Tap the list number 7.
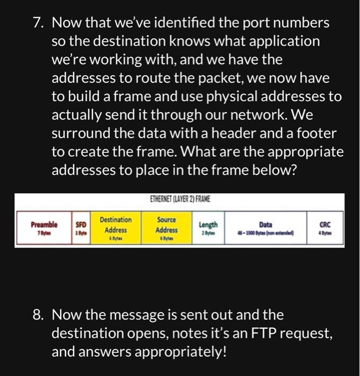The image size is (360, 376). tap(37, 24)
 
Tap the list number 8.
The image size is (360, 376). tap(37, 315)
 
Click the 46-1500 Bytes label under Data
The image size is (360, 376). tap(265, 235)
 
